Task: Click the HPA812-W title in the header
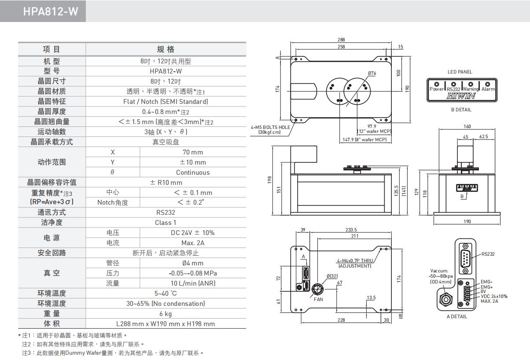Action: [x=51, y=11]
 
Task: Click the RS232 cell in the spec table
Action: [x=166, y=213]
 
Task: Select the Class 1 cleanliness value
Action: [x=166, y=223]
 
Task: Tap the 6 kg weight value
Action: [x=166, y=314]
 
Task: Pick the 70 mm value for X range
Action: [x=193, y=152]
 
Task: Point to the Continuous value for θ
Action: [x=193, y=173]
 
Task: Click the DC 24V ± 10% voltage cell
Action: [x=193, y=233]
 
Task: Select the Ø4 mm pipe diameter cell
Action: [x=193, y=263]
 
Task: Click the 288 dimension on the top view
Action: [x=341, y=40]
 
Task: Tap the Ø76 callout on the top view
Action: [x=372, y=73]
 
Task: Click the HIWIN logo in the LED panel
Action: [x=461, y=96]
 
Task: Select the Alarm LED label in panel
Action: [x=488, y=89]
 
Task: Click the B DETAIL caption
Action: [x=461, y=110]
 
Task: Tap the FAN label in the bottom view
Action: [x=318, y=299]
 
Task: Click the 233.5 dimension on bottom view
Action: [x=351, y=230]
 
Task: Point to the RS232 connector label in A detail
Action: [x=488, y=254]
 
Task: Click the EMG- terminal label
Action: [x=486, y=282]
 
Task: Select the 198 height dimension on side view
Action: [x=270, y=180]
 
